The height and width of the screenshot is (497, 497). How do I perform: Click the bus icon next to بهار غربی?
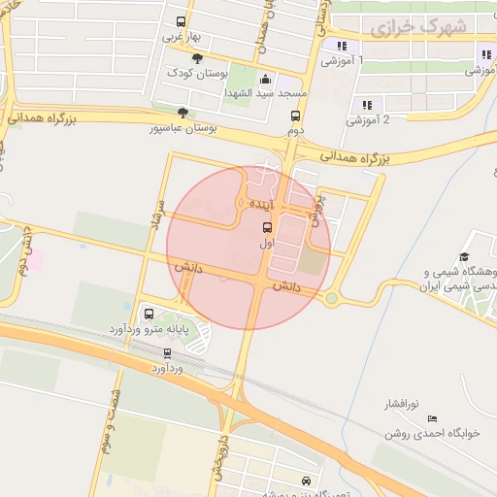point(182,22)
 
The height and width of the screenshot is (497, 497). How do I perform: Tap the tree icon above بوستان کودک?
point(198,60)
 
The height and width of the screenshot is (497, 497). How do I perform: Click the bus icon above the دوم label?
point(295,114)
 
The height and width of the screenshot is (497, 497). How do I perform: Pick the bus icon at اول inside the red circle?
point(267,226)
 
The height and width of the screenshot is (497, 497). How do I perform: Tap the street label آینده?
point(265,205)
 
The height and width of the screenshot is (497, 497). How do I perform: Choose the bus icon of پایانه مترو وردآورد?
point(149,314)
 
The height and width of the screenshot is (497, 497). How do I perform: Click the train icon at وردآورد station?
point(168,353)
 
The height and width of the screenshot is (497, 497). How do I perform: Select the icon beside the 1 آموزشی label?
point(341,46)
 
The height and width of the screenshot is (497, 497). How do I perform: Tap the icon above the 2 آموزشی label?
point(367,105)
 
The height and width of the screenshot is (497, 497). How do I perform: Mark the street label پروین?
point(315,207)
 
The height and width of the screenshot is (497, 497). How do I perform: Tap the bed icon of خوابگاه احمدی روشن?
point(432,418)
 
